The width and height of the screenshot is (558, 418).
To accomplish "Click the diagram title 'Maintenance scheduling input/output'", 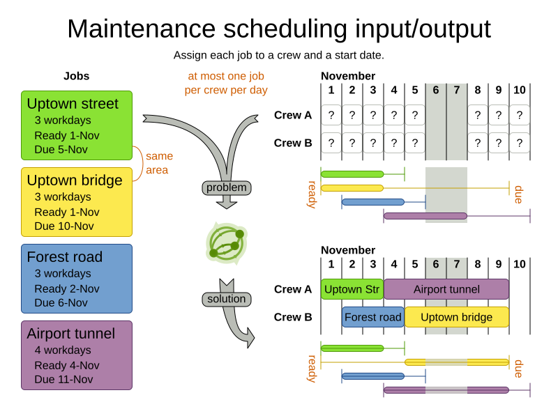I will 279,29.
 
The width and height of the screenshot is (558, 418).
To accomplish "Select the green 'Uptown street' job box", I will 77,125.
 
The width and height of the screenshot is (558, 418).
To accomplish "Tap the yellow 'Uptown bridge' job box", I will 77,202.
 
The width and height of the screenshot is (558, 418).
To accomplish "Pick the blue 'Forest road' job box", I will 77,279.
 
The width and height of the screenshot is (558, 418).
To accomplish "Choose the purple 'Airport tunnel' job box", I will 77,355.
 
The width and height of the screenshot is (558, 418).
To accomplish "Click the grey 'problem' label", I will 227,187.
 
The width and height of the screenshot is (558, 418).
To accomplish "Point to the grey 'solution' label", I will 227,299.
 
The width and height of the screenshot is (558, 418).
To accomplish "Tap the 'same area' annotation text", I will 159,163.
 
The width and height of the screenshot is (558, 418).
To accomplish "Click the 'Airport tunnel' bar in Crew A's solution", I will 446,289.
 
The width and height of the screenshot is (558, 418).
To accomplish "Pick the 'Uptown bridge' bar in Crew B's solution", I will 457,317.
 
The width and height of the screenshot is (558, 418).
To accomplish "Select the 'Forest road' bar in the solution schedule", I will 373,317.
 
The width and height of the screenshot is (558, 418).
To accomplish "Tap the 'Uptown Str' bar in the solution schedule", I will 352,289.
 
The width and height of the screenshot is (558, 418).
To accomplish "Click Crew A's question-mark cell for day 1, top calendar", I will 331,115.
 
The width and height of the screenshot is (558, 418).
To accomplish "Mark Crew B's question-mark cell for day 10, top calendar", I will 520,143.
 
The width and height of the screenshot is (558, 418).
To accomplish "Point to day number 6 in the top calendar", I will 436,90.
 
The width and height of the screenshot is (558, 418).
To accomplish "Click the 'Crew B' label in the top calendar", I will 293,143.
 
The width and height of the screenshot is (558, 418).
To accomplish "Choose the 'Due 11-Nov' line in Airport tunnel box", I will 63,380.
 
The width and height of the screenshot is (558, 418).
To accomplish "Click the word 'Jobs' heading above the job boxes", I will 77,77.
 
